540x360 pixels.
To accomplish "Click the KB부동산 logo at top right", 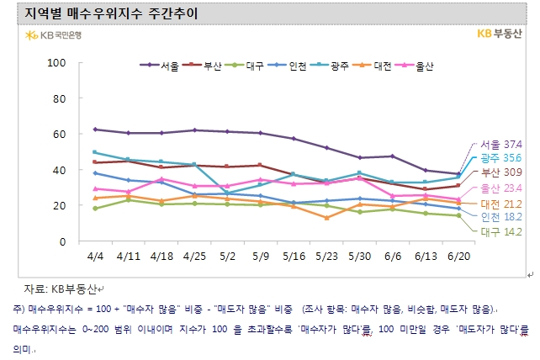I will point(498,34).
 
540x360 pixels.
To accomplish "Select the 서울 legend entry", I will point(163,65).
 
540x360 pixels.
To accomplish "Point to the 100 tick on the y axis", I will point(56,63).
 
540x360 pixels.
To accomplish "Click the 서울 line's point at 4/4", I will point(95,130).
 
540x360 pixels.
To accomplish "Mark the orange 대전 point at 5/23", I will point(326,218).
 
